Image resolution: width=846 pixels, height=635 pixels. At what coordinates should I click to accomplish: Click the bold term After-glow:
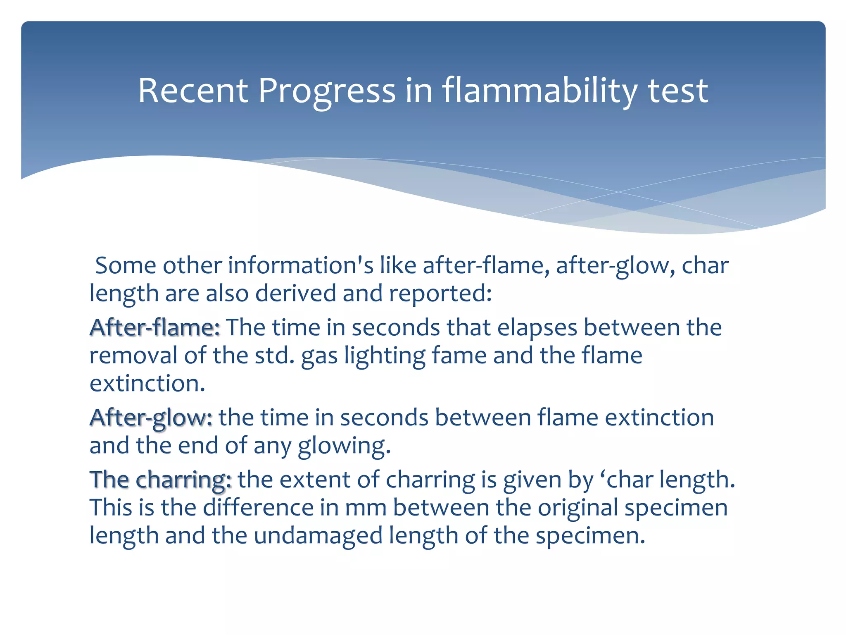point(151,418)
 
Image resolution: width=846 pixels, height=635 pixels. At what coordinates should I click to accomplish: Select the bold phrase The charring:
point(160,480)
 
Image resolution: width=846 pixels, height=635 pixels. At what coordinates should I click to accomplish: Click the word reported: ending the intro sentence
point(440,294)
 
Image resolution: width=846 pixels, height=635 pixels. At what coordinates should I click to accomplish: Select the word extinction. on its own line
point(147,384)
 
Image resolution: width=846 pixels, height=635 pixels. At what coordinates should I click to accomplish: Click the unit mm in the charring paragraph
point(366,508)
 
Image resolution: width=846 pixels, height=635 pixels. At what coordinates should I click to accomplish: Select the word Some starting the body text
point(126,265)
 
